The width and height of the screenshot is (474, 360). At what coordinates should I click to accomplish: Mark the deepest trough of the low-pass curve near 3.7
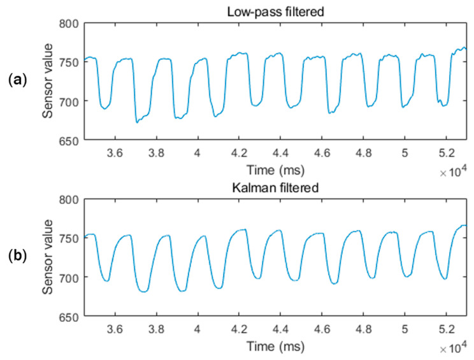[x=137, y=122]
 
